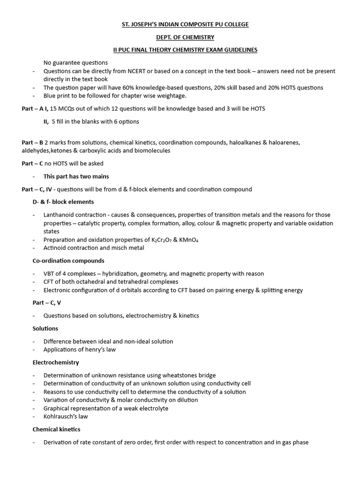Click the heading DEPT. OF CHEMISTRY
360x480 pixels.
click(180, 37)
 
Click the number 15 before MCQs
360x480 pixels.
click(53, 109)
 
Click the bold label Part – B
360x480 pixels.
click(32, 142)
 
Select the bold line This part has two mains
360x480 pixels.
click(76, 176)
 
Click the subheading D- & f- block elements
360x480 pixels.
click(63, 202)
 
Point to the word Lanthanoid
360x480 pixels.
click(59, 215)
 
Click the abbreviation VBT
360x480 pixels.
click(49, 273)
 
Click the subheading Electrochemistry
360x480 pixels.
click(56, 362)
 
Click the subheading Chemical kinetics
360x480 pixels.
click(56, 429)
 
